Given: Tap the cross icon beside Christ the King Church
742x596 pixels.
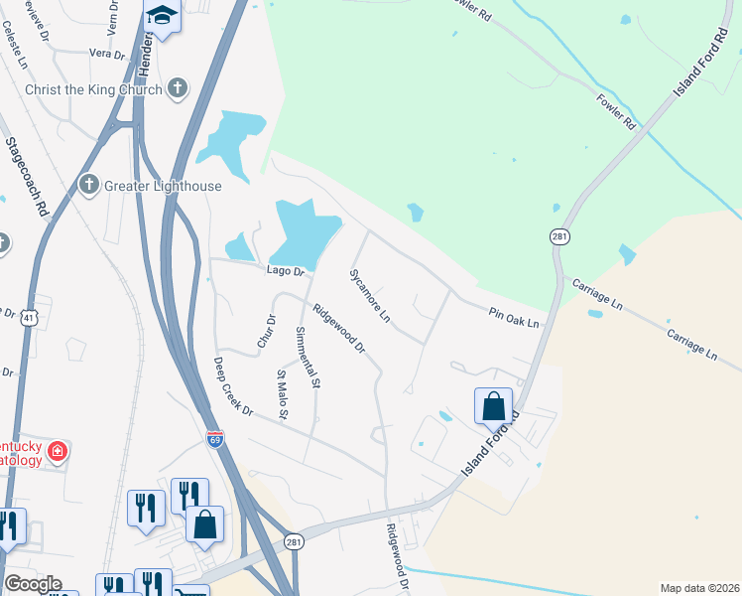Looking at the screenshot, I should pos(178,89).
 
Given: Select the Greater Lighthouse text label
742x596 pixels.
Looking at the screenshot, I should pos(165,186).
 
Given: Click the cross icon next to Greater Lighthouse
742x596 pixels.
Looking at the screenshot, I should pos(89,185).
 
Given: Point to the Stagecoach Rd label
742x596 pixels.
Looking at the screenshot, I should pos(27,178).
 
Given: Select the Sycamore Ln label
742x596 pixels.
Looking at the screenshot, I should pos(369,294).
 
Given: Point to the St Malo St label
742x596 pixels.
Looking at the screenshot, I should pos(282,393).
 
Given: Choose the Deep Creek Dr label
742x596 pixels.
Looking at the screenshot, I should pos(233,385).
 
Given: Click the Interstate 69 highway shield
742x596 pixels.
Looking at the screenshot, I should pos(216,437).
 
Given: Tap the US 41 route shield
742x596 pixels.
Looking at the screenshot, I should pos(30,318).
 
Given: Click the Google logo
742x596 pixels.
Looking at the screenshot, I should pos(32,584).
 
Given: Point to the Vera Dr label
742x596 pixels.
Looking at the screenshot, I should pos(106,53).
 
